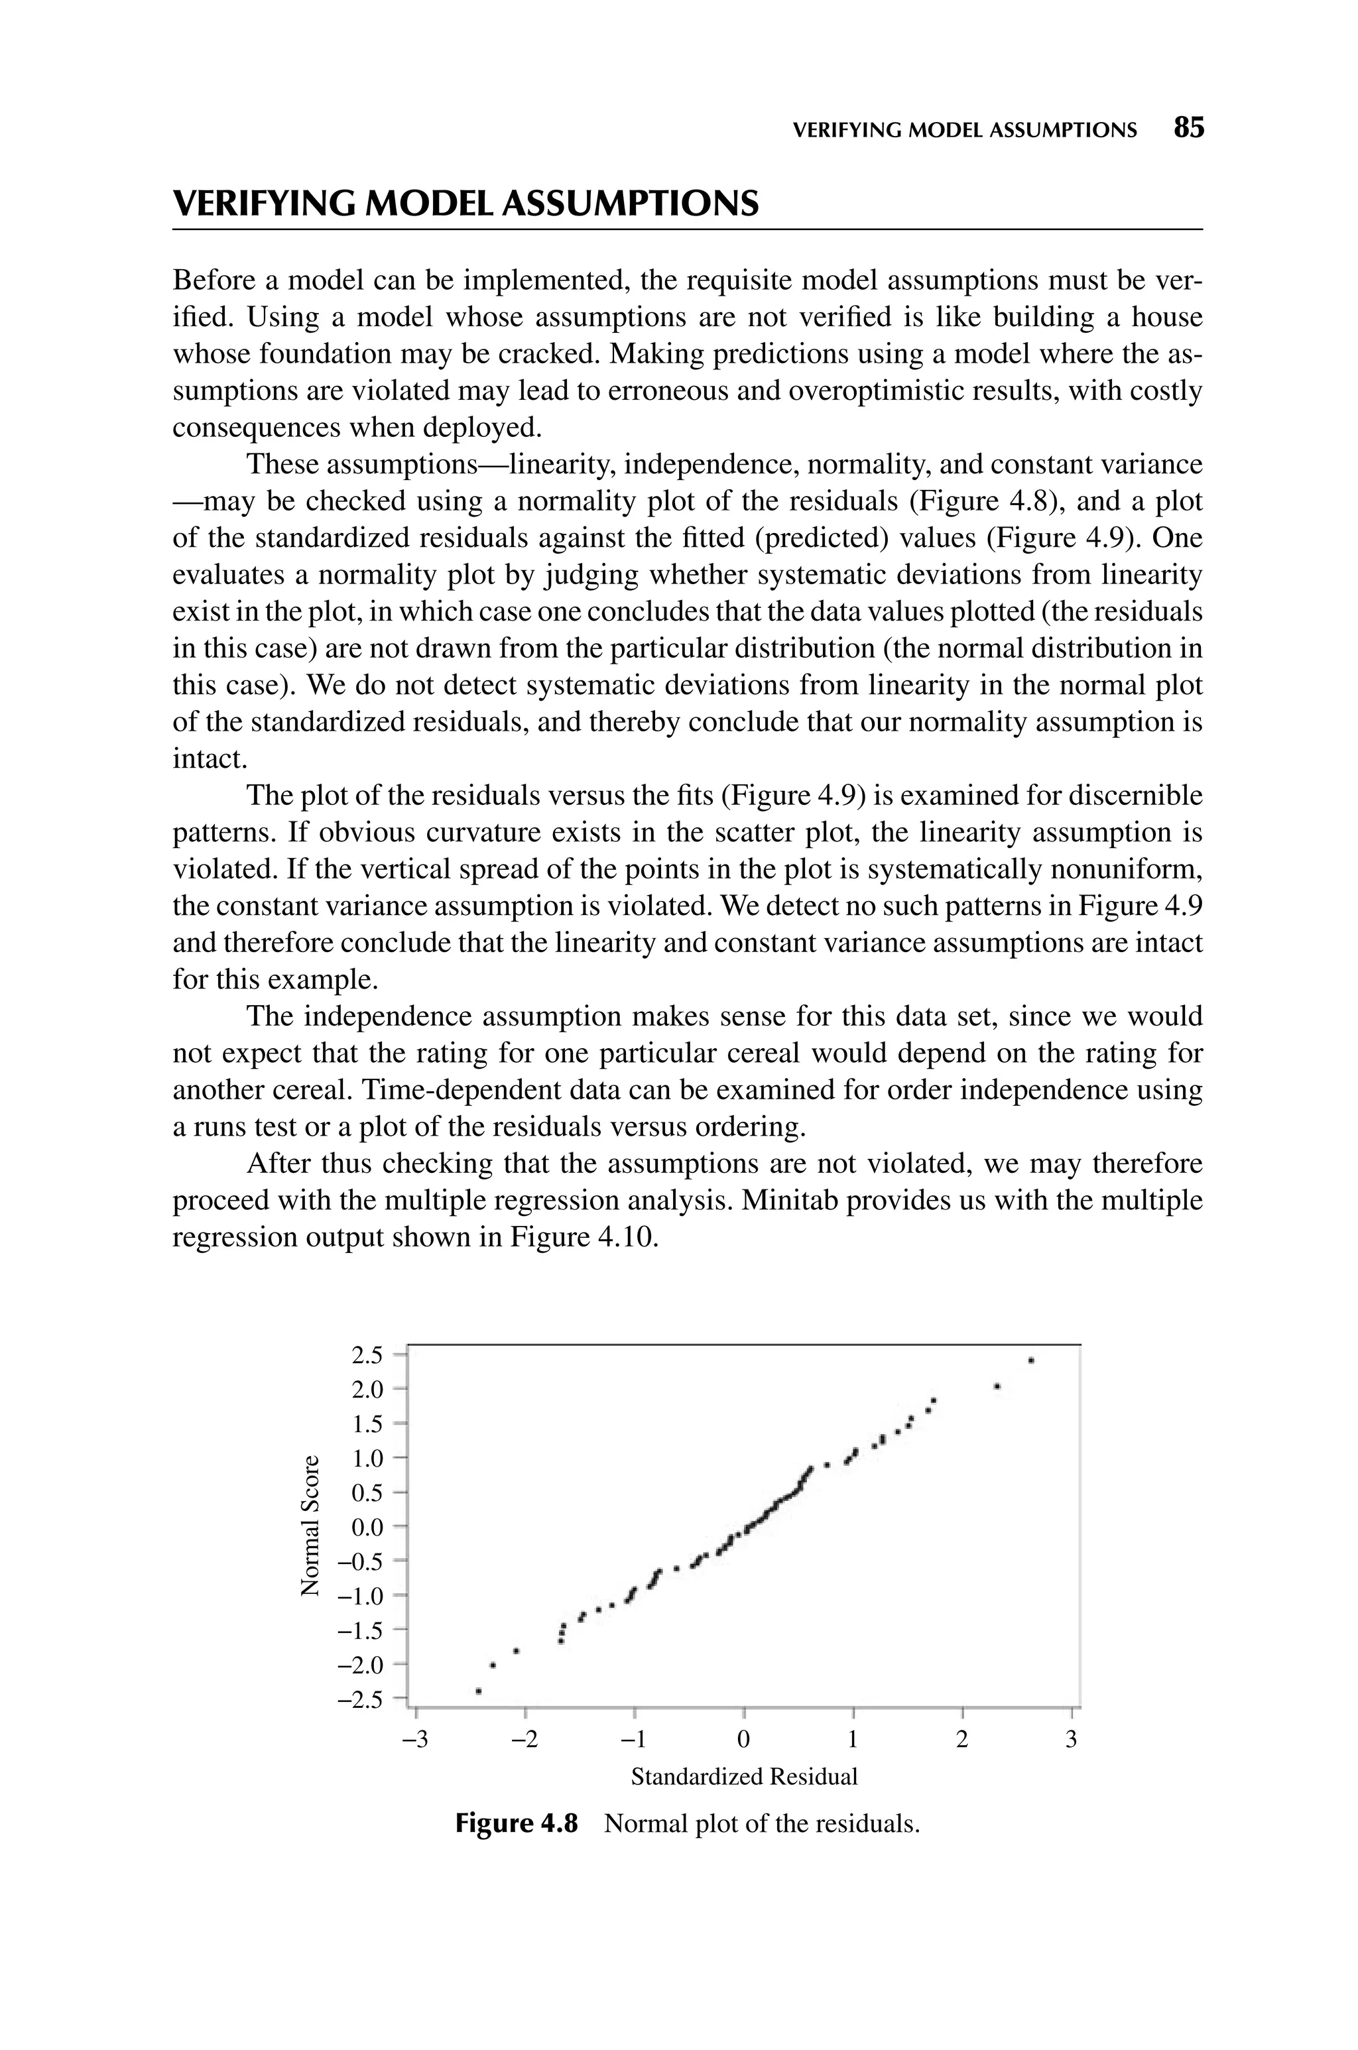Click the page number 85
(1188, 128)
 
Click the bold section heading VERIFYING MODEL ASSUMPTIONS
(466, 204)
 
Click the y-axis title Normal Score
(308, 1526)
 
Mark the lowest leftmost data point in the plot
(478, 1691)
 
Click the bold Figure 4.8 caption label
(516, 1824)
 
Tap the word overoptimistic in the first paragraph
(879, 391)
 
